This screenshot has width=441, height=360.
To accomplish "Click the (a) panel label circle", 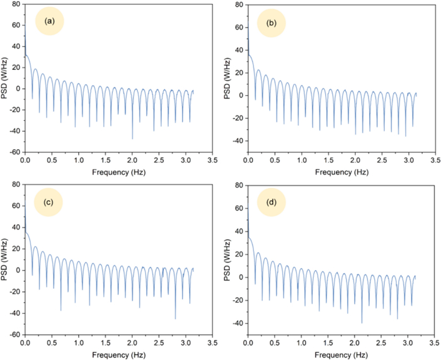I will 50,21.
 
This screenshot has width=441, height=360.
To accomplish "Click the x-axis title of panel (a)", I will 118,171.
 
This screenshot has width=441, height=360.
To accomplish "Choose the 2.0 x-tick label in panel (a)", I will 132,162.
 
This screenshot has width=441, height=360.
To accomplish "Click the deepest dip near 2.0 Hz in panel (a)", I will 132,138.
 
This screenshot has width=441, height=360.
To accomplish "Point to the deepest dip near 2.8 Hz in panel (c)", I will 176,318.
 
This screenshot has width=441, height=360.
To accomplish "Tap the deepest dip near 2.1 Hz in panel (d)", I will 362,323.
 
